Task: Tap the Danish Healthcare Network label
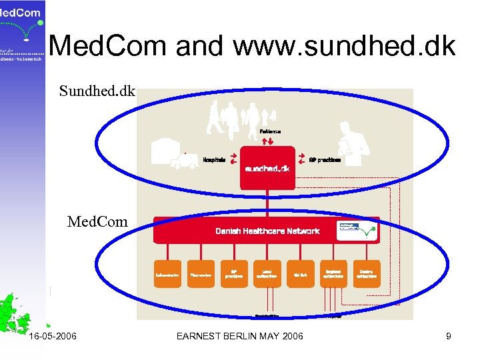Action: [267, 231]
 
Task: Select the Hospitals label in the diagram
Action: [213, 160]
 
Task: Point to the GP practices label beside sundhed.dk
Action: [325, 160]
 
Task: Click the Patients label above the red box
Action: [269, 132]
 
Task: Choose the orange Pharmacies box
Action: [201, 274]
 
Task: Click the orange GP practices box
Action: [234, 274]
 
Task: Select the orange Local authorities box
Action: [267, 274]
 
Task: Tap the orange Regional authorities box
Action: [333, 274]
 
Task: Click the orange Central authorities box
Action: [366, 274]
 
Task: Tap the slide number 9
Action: [449, 336]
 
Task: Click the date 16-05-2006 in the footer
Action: [53, 336]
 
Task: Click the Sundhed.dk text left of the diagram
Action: [97, 91]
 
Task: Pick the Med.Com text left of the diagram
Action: [97, 221]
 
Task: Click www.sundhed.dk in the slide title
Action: [344, 47]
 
